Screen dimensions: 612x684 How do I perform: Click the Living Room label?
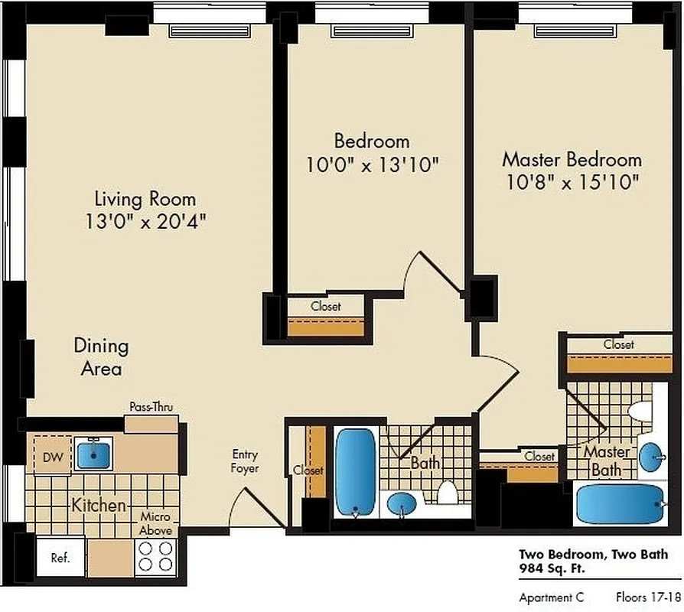(x=145, y=199)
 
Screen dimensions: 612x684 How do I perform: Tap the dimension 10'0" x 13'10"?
(x=371, y=164)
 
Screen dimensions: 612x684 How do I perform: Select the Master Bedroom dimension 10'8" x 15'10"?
(x=572, y=183)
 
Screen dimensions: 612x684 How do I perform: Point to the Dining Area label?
(x=101, y=357)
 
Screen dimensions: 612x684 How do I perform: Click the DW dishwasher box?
(x=52, y=457)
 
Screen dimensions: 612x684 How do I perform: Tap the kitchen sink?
(x=94, y=454)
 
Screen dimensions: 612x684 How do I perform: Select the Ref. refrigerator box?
(x=61, y=558)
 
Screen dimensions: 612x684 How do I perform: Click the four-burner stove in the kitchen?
(x=156, y=557)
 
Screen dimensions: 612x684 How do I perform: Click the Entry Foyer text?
(x=246, y=461)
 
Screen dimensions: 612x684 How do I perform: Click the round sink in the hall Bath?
(x=402, y=504)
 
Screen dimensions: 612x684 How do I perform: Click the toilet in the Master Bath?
(x=639, y=411)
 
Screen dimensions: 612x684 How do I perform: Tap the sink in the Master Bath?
(x=652, y=457)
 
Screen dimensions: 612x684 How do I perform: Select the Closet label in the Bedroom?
(x=326, y=306)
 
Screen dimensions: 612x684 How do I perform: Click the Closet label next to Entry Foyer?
(x=308, y=470)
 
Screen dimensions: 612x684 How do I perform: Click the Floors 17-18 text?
(x=647, y=597)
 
